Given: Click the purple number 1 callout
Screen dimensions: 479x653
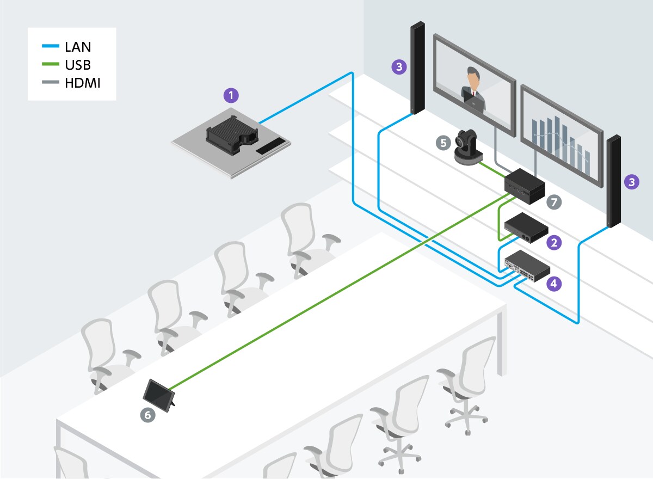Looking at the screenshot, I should click(x=232, y=96).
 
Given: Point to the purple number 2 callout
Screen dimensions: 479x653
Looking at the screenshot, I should click(x=554, y=243).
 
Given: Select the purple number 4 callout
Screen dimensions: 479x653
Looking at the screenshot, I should click(x=554, y=283).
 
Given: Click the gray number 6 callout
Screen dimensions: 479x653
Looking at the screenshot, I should click(x=148, y=415).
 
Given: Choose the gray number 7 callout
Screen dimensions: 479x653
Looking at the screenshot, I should click(x=554, y=202).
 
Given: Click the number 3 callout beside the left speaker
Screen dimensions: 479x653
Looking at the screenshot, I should click(x=399, y=67).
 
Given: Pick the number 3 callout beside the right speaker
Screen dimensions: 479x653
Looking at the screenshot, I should click(x=631, y=182).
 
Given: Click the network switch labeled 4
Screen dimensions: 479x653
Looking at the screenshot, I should click(x=527, y=266).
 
